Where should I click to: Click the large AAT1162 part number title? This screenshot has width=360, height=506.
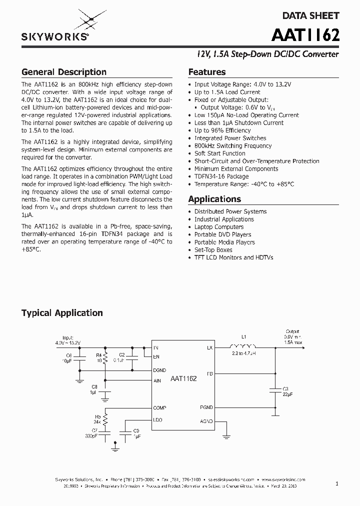tap(305, 35)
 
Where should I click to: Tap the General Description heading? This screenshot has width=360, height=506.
tap(63, 72)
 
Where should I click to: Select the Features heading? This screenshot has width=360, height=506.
tap(206, 72)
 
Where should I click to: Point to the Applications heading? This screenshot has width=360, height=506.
tap(214, 199)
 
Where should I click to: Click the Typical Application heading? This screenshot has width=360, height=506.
tap(62, 313)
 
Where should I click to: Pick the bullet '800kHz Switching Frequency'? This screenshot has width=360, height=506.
tap(232, 146)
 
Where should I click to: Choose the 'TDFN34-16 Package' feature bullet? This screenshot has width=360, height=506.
tap(221, 176)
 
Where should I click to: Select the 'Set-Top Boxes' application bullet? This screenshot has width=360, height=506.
tap(213, 250)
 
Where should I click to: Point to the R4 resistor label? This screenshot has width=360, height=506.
tap(98, 356)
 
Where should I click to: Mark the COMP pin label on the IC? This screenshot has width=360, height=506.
tap(159, 408)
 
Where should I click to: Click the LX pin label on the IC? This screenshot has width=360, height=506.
tap(209, 347)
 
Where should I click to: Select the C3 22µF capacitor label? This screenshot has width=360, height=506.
tap(285, 391)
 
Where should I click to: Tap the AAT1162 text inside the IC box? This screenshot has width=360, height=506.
tap(183, 379)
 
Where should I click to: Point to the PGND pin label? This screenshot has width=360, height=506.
tap(206, 408)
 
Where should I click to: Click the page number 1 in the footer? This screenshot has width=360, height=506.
tap(337, 483)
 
